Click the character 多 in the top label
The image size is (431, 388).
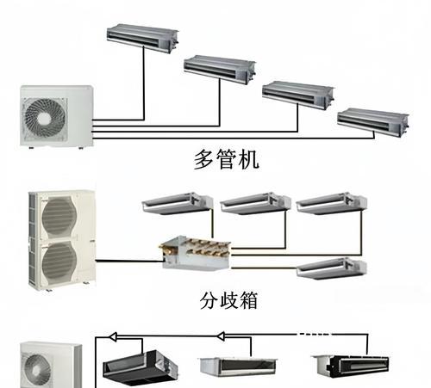pyautogui.click(x=204, y=159)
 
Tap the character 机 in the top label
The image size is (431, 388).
pyautogui.click(x=249, y=159)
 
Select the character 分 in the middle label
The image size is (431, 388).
pyautogui.click(x=209, y=300)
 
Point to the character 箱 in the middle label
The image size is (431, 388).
pyautogui.click(x=248, y=300)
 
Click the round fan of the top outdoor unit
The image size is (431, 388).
pyautogui.click(x=45, y=117)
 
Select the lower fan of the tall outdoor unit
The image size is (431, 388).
pyautogui.click(x=59, y=261)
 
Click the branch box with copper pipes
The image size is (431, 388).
pyautogui.click(x=196, y=253)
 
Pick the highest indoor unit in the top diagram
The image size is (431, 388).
pyautogui.click(x=142, y=38)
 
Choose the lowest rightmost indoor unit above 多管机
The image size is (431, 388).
pyautogui.click(x=373, y=122)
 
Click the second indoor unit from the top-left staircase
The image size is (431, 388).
pyautogui.click(x=220, y=69)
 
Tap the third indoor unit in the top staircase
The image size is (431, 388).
pyautogui.click(x=298, y=95)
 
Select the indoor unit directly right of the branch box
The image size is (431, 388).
pyautogui.click(x=332, y=268)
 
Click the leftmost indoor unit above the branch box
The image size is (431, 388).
pyautogui.click(x=178, y=203)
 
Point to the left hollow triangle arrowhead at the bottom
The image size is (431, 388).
pyautogui.click(x=113, y=336)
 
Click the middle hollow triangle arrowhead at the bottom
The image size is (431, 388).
pyautogui.click(x=221, y=336)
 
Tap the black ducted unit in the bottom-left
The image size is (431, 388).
pyautogui.click(x=141, y=367)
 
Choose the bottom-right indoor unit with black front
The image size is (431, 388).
pyautogui.click(x=351, y=366)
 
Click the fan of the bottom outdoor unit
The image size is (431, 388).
pyautogui.click(x=38, y=370)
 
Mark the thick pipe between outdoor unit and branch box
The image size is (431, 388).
pyautogui.click(x=129, y=261)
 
